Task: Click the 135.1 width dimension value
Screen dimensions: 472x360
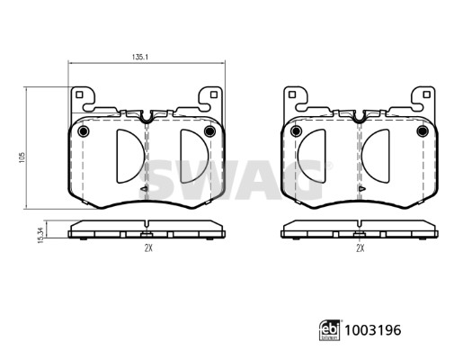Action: pos(140,57)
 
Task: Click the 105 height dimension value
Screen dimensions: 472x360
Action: pos(22,157)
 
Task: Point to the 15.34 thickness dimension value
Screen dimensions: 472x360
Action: pos(41,235)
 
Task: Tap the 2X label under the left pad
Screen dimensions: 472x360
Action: pos(148,248)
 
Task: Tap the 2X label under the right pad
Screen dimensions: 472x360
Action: pos(361,248)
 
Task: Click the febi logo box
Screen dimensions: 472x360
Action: pos(330,330)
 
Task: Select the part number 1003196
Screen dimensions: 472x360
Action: pos(373,330)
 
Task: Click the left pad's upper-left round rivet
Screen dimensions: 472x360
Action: pos(83,131)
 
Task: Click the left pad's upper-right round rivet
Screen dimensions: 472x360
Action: pos(209,131)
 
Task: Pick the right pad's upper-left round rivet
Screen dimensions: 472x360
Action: pos(296,131)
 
